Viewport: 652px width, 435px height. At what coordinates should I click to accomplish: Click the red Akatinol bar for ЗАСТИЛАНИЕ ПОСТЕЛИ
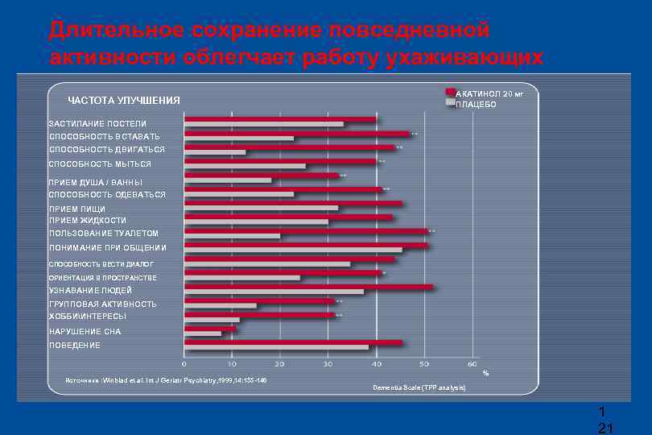[x=280, y=119]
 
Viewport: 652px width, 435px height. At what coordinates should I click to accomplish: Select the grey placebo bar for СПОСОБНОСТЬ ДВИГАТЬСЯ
[x=215, y=152]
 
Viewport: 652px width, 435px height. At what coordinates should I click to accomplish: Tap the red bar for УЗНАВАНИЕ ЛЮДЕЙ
[x=308, y=287]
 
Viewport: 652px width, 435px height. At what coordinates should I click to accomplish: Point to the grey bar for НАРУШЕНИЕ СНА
[x=203, y=333]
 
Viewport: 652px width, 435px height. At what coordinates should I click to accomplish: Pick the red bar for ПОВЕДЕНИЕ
[x=293, y=342]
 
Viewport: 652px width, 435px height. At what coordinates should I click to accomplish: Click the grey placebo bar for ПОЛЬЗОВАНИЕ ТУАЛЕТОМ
[x=232, y=236]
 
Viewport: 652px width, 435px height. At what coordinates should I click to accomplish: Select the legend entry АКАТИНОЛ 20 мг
[x=489, y=93]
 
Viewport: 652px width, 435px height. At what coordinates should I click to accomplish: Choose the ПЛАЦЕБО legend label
[x=476, y=105]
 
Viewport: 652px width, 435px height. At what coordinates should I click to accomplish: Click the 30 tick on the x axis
[x=328, y=364]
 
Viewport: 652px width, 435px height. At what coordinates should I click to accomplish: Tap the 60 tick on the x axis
[x=472, y=364]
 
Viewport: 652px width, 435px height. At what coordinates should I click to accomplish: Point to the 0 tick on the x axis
[x=184, y=364]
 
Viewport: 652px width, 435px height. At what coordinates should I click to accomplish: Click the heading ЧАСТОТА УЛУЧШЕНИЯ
[x=124, y=101]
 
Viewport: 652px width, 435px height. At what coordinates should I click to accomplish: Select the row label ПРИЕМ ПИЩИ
[x=77, y=209]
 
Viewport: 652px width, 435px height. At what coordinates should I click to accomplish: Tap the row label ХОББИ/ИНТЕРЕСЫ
[x=88, y=317]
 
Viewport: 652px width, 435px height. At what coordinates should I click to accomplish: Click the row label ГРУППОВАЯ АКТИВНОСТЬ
[x=103, y=304]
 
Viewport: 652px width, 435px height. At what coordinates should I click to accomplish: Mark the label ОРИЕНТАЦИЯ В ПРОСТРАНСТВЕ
[x=103, y=277]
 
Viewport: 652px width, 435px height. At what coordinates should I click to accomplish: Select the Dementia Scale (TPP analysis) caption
[x=419, y=388]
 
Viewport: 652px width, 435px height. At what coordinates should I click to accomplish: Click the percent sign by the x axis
[x=485, y=373]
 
